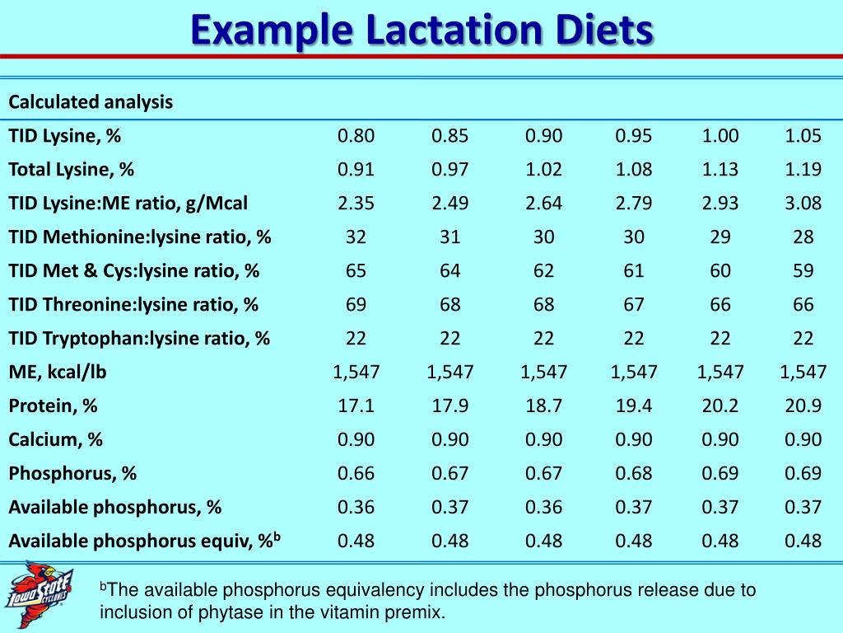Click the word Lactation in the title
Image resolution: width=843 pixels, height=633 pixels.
(444, 31)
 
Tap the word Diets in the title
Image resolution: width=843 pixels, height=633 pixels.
(602, 31)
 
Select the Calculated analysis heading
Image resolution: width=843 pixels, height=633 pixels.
(91, 102)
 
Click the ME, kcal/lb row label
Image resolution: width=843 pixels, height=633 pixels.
(58, 372)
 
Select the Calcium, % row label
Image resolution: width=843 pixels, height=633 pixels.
(56, 439)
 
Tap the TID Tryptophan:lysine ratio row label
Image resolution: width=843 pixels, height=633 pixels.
(139, 338)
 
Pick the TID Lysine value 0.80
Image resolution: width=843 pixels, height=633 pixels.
(356, 136)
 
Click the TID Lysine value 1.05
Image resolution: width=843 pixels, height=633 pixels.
(803, 136)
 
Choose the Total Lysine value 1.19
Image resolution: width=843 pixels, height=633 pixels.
(803, 170)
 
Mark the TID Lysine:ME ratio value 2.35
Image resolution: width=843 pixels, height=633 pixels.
(356, 204)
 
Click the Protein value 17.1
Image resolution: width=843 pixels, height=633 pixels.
(356, 406)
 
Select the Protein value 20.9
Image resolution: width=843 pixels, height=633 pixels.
(803, 406)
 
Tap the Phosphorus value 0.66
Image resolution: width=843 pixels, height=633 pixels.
(356, 473)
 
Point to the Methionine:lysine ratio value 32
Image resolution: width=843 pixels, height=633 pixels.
(356, 237)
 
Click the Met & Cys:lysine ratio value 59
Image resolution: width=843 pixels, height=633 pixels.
(803, 271)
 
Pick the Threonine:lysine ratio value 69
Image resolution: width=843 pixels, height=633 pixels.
(356, 305)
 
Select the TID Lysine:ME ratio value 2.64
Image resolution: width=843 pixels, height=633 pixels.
(543, 204)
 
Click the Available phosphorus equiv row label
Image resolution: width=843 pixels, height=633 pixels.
(145, 541)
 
